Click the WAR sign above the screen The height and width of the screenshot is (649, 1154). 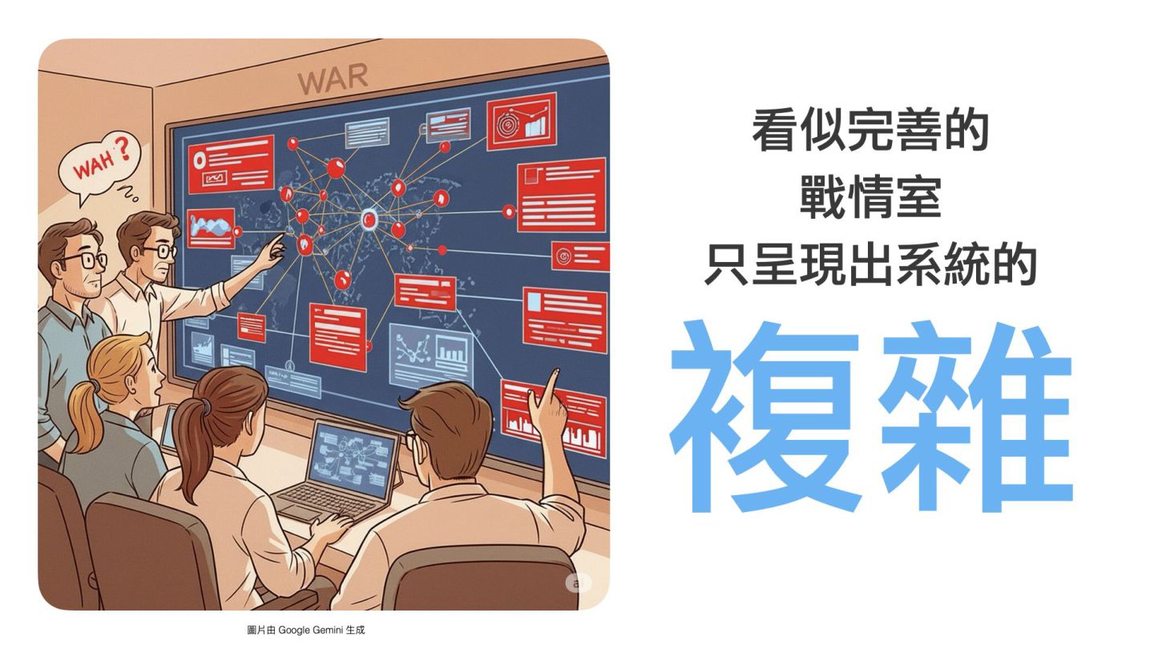click(333, 78)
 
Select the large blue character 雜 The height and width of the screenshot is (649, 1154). click(974, 416)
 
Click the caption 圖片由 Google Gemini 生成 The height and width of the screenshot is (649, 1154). click(306, 631)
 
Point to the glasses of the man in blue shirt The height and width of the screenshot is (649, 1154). click(83, 261)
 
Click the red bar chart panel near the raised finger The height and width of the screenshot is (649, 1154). click(553, 416)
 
